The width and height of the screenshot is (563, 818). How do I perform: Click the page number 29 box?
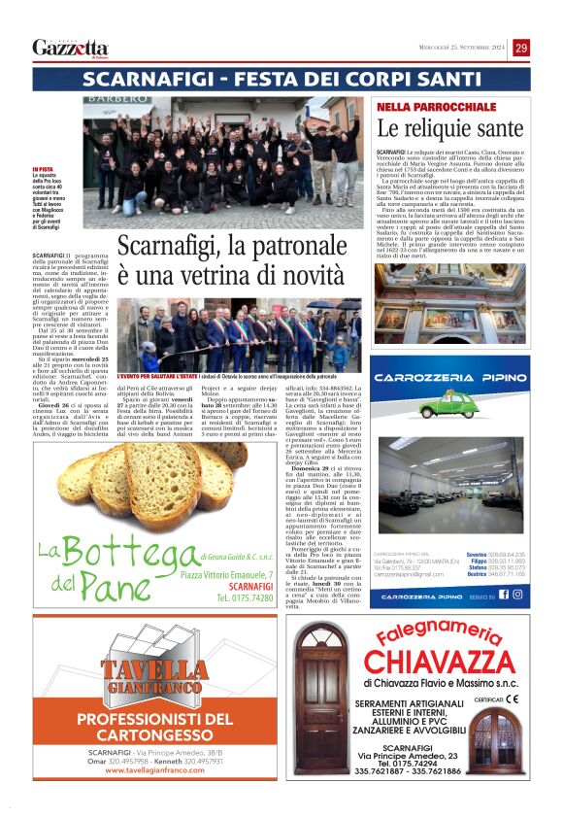(x=521, y=48)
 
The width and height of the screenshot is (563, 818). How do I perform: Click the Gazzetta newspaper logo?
(x=70, y=48)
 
